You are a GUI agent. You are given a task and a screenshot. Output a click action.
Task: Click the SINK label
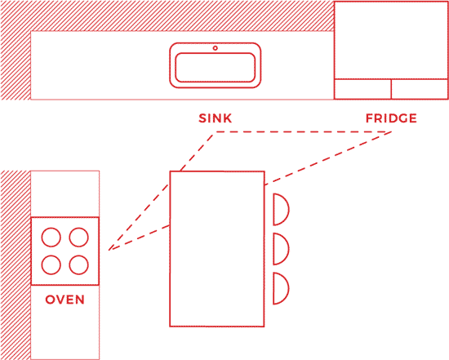(x=215, y=118)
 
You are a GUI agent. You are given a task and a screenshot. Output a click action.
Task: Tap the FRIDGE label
(x=391, y=118)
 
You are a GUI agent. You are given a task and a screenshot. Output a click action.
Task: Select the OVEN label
(x=65, y=300)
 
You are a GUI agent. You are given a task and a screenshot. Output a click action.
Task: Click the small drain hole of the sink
(x=215, y=48)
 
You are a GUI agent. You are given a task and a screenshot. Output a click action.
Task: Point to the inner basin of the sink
(x=215, y=68)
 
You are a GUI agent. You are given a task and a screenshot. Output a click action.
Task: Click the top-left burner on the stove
(x=51, y=237)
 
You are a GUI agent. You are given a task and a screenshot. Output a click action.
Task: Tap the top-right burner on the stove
(x=78, y=237)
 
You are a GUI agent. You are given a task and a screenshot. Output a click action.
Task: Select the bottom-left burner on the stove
(x=51, y=264)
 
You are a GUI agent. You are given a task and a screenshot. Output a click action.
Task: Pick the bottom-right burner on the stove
(x=78, y=264)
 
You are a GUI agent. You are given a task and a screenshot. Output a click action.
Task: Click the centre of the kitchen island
(x=217, y=249)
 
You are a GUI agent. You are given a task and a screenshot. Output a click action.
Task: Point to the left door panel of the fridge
(x=362, y=89)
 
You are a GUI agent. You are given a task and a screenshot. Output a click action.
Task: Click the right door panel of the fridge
(x=420, y=89)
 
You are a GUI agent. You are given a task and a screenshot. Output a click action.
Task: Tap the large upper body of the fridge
(x=391, y=40)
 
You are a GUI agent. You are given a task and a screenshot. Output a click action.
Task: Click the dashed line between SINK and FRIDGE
(x=303, y=131)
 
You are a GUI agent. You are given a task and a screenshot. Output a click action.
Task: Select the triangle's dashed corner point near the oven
(x=109, y=250)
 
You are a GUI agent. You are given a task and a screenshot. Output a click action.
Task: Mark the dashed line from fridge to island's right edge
(x=328, y=158)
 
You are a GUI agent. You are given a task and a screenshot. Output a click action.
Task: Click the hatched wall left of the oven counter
(x=16, y=265)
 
